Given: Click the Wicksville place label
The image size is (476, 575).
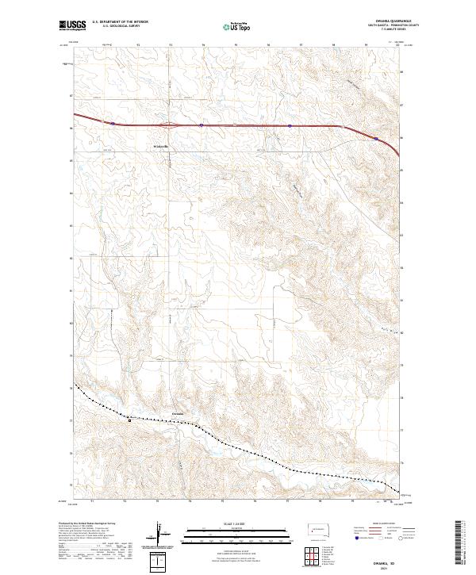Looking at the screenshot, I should coord(161,146).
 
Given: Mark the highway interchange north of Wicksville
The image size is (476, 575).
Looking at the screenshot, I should coord(169,125).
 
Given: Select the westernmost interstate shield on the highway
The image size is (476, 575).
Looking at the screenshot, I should coord(113,124).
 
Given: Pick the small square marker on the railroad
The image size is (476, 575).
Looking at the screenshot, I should coord(129,421).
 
